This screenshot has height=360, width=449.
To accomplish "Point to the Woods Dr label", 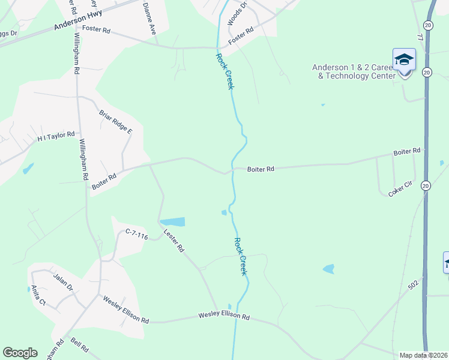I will tap(237, 14).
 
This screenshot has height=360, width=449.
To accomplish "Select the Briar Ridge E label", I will tap(116, 121).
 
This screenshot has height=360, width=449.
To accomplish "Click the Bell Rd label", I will tap(79, 347).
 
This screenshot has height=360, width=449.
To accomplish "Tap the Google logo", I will tap(20, 353).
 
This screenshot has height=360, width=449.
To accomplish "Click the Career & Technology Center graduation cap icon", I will tap(404, 60).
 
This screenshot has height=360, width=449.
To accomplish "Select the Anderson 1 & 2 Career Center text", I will tap(354, 71).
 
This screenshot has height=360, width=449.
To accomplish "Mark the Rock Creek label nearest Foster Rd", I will tap(223, 71).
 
